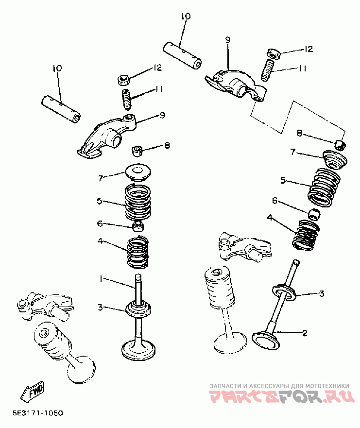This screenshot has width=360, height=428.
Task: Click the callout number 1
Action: tap(101, 279)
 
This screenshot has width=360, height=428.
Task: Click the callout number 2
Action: tap(305, 333)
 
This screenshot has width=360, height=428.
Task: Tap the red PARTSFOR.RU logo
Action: tap(282, 396)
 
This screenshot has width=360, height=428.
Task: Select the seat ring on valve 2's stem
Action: tap(285, 292)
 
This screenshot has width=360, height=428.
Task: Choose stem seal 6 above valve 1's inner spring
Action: tap(138, 226)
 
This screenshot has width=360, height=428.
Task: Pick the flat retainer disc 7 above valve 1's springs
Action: tap(138, 172)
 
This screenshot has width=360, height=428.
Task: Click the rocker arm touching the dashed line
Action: tap(236, 84)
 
